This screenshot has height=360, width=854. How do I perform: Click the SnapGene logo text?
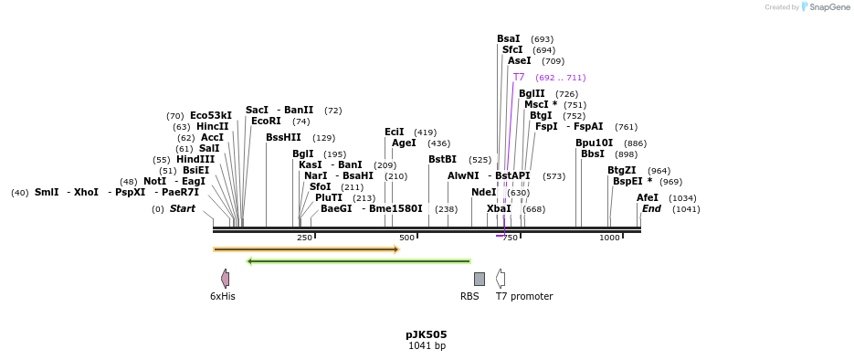tap(828, 7)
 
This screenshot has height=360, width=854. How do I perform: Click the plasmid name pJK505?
tap(427, 334)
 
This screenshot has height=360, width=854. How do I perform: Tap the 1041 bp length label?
tap(427, 346)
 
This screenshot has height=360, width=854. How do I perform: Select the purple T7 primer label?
tap(519, 78)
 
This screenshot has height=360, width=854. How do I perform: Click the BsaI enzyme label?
tap(508, 39)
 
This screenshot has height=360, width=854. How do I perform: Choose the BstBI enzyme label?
tap(442, 159)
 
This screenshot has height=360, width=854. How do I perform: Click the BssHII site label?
tap(283, 137)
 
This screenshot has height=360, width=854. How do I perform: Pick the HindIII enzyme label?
tap(195, 159)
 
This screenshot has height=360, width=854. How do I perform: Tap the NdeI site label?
tap(483, 192)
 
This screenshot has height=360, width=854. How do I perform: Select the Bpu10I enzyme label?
tap(594, 143)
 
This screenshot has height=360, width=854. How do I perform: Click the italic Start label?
tap(182, 208)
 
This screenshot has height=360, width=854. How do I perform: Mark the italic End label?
tap(651, 208)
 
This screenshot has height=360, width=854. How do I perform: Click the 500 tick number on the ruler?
tap(406, 238)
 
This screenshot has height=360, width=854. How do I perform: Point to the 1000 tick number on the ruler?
tap(609, 238)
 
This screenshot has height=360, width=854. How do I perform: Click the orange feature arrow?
tap(306, 249)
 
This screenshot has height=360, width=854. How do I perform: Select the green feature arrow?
tap(359, 261)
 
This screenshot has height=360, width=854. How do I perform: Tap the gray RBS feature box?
tap(479, 279)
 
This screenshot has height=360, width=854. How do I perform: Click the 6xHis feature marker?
tap(225, 279)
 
